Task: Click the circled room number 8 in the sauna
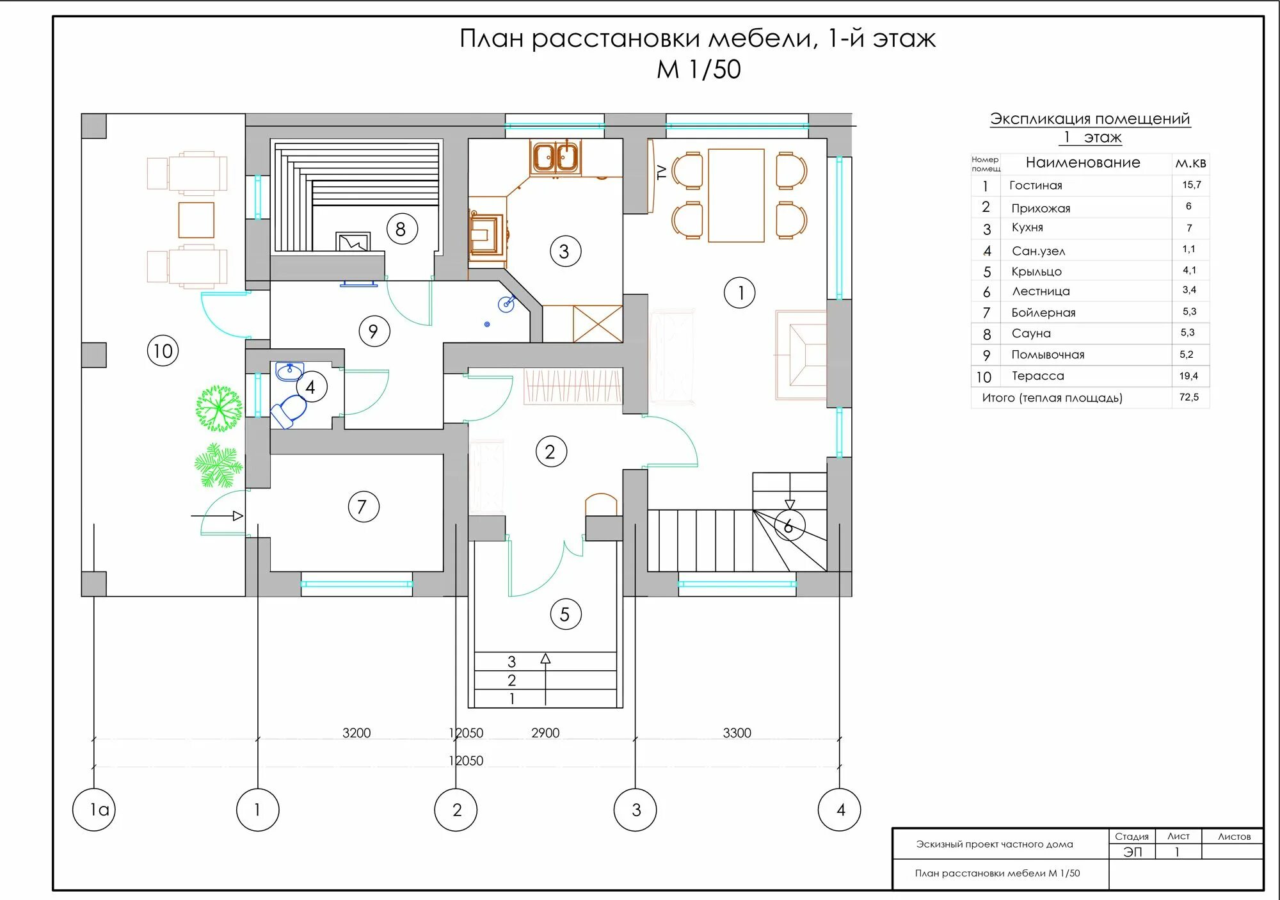point(401,229)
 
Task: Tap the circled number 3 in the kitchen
point(565,251)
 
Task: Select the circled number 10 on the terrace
point(163,351)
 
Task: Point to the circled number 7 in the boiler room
point(363,506)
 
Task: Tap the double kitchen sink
point(556,156)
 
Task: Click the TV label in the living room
point(662,172)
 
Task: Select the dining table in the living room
point(736,195)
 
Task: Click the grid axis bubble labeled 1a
point(94,809)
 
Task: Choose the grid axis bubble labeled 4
point(840,809)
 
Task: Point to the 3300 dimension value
point(737,733)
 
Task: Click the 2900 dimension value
point(545,733)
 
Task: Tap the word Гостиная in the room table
point(1036,186)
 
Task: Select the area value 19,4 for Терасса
point(1189,376)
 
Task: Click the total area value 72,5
point(1189,397)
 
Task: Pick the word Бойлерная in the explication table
point(1043,312)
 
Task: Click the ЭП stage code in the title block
point(1132,852)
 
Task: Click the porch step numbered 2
point(511,680)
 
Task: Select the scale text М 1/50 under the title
point(698,69)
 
